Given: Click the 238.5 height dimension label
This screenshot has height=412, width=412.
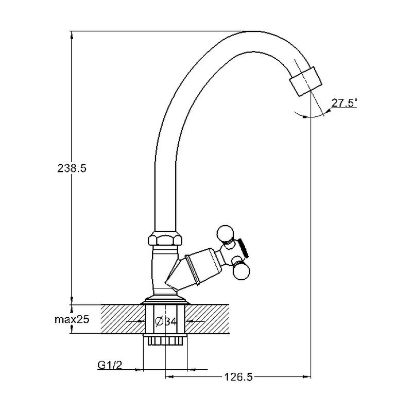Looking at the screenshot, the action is [72, 168].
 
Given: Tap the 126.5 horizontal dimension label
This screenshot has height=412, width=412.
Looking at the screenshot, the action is [238, 377].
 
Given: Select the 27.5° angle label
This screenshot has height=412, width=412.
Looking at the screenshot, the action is [344, 102].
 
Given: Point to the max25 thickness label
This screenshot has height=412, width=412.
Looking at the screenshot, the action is [72, 319].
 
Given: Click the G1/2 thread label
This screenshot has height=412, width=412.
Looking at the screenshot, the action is [110, 365].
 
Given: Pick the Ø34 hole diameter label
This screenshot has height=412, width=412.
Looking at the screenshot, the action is [166, 321].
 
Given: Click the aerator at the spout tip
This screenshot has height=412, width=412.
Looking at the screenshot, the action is [305, 81].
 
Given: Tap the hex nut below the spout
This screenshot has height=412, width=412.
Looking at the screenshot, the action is [165, 238].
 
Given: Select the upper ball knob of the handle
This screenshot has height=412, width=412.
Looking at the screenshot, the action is [225, 233].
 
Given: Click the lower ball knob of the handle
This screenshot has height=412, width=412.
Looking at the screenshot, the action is [241, 272].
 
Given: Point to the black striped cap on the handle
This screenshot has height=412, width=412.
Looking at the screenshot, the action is [243, 248].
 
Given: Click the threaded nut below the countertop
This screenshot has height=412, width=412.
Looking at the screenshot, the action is [165, 339].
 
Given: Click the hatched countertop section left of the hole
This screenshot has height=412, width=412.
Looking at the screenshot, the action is [123, 319].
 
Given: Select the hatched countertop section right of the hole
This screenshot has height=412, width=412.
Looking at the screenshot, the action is [207, 319].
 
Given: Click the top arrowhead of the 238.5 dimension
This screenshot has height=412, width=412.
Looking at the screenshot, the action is [72, 36].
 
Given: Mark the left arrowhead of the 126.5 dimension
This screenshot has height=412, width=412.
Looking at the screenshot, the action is [169, 377].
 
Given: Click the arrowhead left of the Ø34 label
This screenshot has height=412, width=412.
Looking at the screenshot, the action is [141, 321].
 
